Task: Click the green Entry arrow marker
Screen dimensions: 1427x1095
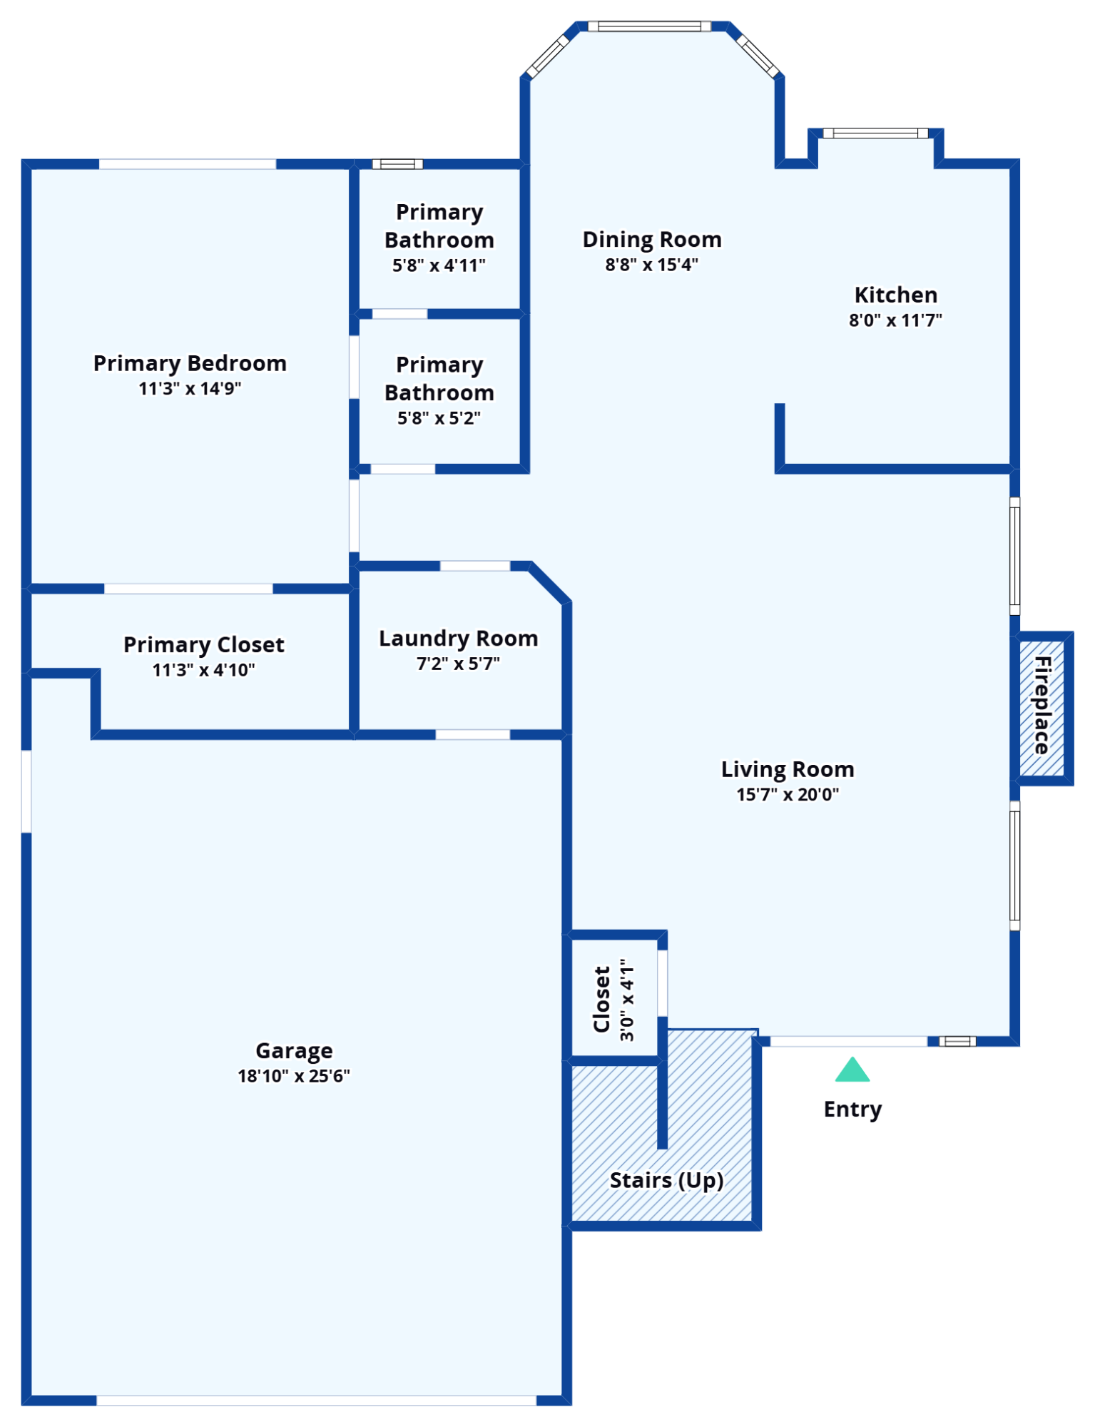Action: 852,1070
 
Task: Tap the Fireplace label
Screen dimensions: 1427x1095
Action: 1042,706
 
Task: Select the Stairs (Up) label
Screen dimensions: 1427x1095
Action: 666,1180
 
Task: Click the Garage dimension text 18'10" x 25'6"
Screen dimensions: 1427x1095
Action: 294,1076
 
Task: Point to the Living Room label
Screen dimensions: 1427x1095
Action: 788,769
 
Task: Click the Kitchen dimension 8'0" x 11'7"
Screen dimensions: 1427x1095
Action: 895,320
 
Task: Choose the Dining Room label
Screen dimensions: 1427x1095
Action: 652,239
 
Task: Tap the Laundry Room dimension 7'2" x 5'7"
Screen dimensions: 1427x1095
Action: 458,664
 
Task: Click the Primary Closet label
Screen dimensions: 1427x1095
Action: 203,644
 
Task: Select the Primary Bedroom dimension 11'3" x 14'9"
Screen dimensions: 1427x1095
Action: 190,389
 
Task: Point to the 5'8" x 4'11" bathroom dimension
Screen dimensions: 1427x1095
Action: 439,265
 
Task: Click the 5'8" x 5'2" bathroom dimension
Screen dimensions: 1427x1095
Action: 439,418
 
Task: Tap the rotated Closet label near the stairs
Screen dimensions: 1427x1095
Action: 602,999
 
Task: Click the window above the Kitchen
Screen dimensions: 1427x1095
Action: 875,133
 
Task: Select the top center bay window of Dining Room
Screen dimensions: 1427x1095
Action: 649,26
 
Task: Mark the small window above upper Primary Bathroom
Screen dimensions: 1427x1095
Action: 397,164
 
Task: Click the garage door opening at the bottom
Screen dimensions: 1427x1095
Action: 316,1401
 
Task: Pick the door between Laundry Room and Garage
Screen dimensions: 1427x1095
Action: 472,735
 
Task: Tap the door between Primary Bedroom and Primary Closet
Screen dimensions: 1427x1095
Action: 188,589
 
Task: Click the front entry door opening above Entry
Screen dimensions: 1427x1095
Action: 849,1042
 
